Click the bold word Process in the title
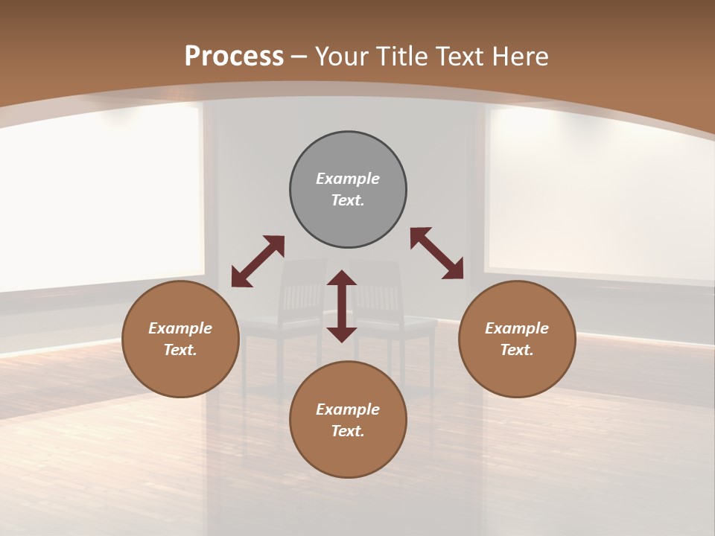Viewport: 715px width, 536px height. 234,57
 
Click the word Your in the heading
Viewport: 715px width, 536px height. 344,57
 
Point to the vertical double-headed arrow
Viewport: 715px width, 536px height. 342,306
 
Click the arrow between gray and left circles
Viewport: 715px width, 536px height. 258,261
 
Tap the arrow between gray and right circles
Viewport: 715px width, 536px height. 437,254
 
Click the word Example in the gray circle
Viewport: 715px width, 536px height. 348,179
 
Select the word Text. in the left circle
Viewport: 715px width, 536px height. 180,350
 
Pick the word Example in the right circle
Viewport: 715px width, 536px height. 517,328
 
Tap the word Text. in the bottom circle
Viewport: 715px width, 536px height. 348,431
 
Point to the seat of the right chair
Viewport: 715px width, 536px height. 406,323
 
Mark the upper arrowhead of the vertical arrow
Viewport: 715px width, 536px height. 342,278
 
